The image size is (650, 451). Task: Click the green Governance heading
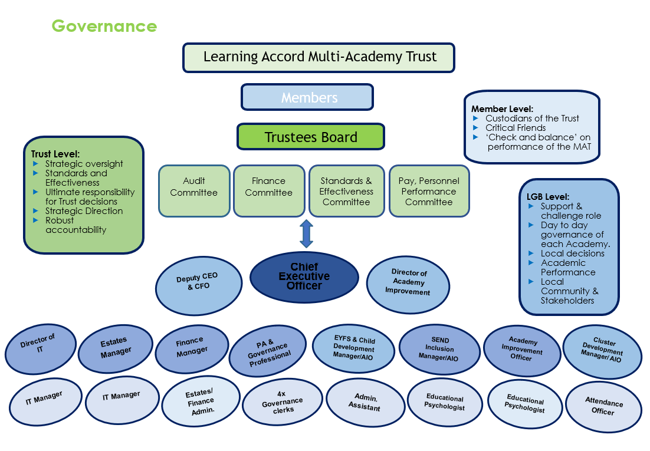click(x=104, y=26)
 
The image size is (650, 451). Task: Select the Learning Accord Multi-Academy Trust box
click(x=319, y=58)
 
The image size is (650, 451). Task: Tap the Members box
click(x=307, y=97)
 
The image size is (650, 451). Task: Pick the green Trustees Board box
click(x=311, y=136)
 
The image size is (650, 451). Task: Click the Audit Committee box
click(x=194, y=191)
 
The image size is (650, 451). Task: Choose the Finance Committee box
click(x=269, y=191)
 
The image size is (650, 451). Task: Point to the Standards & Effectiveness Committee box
click(x=347, y=191)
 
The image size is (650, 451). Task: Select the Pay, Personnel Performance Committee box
click(x=429, y=191)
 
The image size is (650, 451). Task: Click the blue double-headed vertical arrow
click(x=306, y=234)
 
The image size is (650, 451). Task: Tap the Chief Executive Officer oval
click(x=304, y=277)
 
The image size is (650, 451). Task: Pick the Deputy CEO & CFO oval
click(x=199, y=285)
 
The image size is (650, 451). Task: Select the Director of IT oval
click(x=41, y=349)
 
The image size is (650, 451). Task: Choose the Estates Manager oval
click(x=116, y=349)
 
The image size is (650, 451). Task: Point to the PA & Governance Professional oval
click(x=268, y=351)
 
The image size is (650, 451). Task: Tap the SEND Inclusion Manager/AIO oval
click(x=439, y=350)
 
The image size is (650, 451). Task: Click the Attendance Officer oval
click(x=603, y=407)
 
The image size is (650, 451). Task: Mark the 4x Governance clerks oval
click(x=283, y=401)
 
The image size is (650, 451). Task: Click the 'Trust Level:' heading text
click(x=55, y=154)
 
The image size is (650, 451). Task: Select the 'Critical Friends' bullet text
click(x=516, y=128)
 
